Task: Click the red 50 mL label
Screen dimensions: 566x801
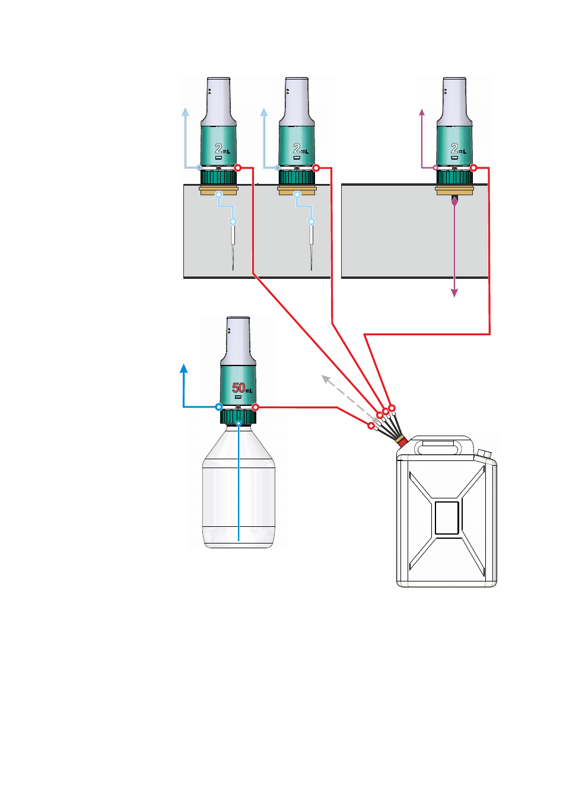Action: coord(242,387)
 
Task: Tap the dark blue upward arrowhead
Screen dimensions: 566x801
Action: coord(183,368)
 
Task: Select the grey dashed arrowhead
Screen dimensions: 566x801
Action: coord(325,379)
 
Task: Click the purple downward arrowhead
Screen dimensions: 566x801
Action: coord(454,293)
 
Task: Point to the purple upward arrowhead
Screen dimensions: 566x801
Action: coord(422,112)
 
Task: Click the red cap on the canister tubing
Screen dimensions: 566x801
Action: coord(403,443)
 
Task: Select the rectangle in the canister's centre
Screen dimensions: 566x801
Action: coord(447,518)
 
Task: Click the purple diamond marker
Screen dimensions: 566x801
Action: coord(454,202)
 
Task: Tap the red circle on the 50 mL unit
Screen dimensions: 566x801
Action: coord(255,407)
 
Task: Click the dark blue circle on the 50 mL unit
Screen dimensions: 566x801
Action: coord(219,407)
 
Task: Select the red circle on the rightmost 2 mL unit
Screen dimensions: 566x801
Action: coord(473,168)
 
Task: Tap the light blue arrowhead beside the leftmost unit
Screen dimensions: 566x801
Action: coord(185,112)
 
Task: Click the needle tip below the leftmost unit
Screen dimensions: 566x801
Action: coord(233,269)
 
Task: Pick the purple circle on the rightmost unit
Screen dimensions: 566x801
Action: coord(435,168)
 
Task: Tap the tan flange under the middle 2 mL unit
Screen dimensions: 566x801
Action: coord(297,190)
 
